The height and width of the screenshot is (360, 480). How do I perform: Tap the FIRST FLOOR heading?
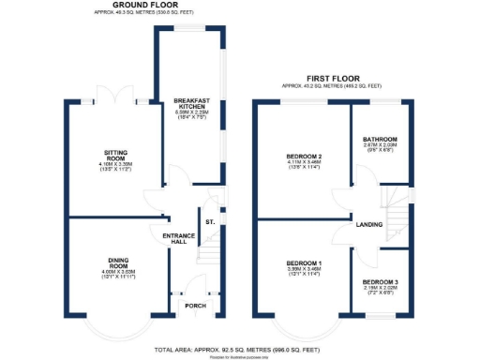point(332,78)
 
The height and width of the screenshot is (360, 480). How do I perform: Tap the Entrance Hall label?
point(178,238)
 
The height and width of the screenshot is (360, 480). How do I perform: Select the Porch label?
point(196,306)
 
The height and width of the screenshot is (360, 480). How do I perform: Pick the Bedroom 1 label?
point(304,262)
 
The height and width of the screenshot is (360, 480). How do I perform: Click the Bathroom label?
point(380,140)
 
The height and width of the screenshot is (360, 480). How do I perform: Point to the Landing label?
point(367,223)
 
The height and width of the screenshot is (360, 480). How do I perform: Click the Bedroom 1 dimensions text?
point(304,273)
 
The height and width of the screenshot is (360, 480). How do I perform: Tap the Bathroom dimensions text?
point(380,151)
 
